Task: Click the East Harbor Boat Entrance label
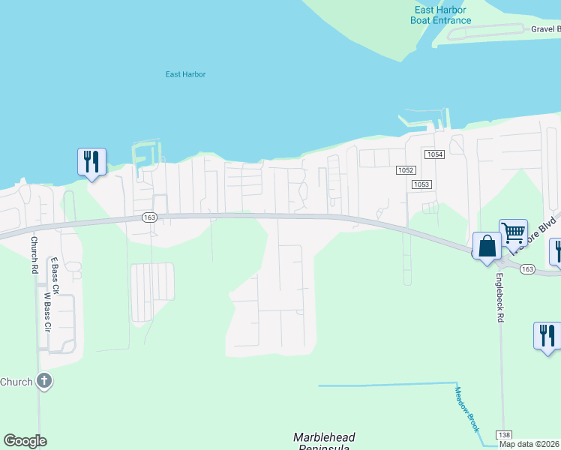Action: click(x=440, y=15)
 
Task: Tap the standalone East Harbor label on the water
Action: click(x=185, y=74)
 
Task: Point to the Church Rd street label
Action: click(x=34, y=255)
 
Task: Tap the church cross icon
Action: click(x=44, y=381)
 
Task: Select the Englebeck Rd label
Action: click(x=499, y=298)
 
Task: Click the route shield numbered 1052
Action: click(x=405, y=170)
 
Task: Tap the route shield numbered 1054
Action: click(x=434, y=154)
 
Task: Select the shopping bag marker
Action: click(x=487, y=246)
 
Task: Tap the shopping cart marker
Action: click(x=513, y=232)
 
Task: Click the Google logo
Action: click(x=25, y=441)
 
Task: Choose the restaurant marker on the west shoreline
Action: click(x=91, y=162)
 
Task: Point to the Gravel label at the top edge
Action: click(x=544, y=29)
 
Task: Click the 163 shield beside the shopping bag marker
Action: click(x=526, y=268)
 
